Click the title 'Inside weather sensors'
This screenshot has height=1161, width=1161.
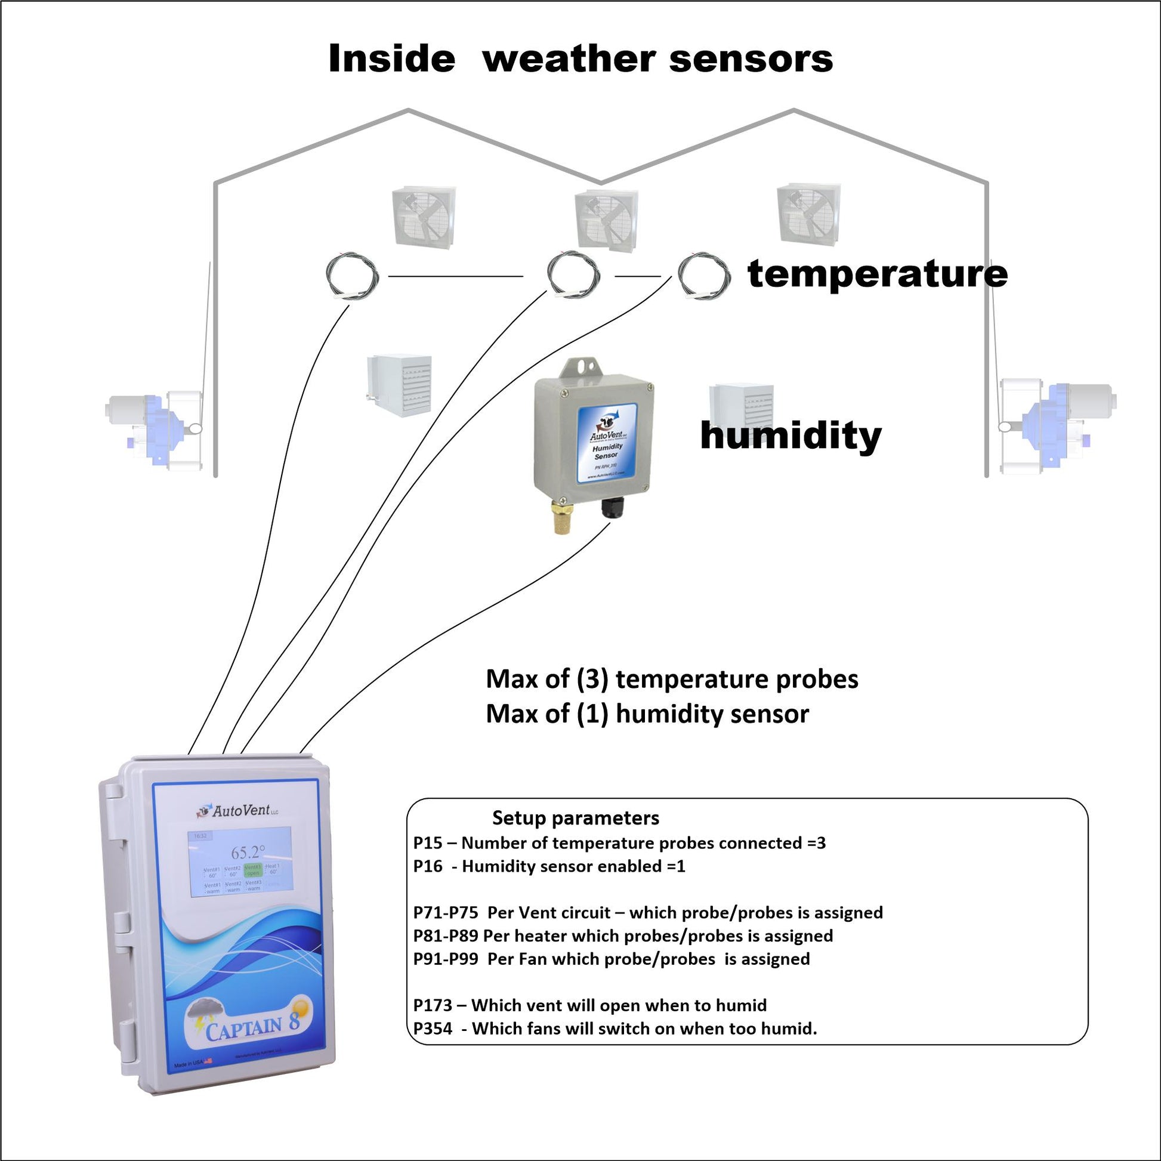(580, 59)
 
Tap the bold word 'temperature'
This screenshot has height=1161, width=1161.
(878, 274)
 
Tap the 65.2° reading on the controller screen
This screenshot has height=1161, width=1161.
(248, 852)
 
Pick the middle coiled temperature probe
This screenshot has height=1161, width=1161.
(573, 276)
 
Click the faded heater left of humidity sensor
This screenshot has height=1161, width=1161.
(400, 385)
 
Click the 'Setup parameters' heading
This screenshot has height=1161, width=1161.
(575, 818)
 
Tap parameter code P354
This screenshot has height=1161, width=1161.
(433, 1028)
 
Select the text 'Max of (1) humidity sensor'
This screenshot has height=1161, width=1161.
(647, 714)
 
